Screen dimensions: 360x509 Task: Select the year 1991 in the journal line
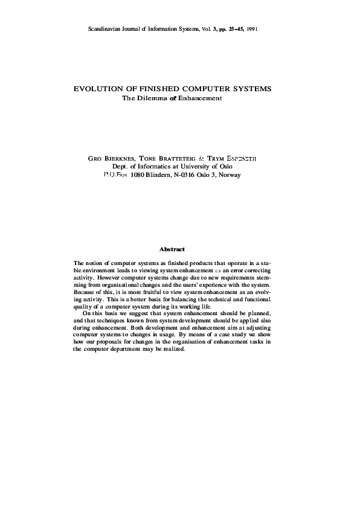252,29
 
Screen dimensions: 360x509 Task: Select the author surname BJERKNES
119,158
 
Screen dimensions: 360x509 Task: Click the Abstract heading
172,249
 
